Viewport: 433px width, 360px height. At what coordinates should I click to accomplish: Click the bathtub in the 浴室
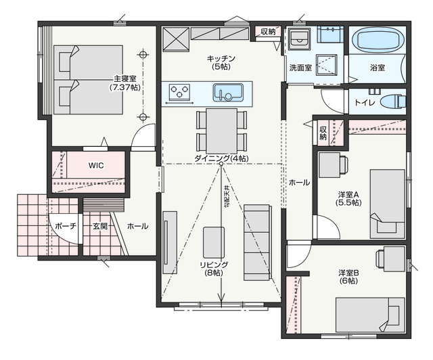click(378, 41)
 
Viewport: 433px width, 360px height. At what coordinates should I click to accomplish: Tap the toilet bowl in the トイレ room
click(393, 101)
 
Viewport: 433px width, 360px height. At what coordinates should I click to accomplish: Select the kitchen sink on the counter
click(228, 93)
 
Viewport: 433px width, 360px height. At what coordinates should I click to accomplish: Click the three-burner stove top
click(180, 91)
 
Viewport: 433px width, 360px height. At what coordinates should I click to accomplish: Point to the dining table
click(221, 131)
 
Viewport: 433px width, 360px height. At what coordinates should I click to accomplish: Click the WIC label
click(96, 166)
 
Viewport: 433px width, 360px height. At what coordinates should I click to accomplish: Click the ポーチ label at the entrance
click(66, 226)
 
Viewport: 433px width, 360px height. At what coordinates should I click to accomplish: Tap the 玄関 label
click(99, 226)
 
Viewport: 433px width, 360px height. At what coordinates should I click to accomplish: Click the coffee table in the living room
click(214, 242)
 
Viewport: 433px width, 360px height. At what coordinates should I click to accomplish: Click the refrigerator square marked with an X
click(176, 39)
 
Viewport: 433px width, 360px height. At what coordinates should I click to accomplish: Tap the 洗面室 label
click(300, 68)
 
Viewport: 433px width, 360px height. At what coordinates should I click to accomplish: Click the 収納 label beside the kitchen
click(268, 32)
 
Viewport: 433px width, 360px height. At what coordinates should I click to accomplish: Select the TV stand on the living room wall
click(170, 242)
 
